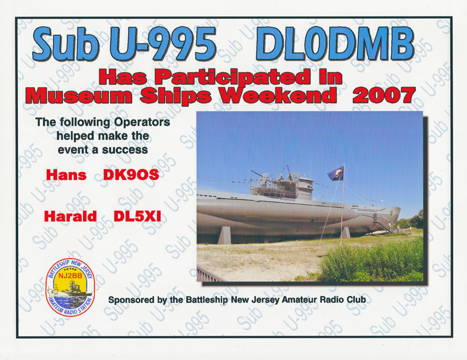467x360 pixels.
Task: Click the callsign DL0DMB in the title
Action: coord(334,44)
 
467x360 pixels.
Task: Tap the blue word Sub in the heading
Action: coord(66,44)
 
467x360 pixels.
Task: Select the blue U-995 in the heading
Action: coord(163,44)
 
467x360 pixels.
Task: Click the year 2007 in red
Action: coord(384,95)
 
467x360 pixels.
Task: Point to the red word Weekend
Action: coord(279,95)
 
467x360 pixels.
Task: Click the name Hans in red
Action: coord(66,175)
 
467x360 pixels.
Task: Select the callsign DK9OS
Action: coord(131,175)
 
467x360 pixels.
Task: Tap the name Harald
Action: coord(70,216)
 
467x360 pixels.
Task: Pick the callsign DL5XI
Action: coord(137,216)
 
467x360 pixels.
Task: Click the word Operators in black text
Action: coord(142,122)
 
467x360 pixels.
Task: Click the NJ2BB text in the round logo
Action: coord(70,276)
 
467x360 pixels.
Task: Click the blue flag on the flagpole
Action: coord(336,173)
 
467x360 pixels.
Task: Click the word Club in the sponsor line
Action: coord(356,299)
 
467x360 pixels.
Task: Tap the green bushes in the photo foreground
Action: coord(372,261)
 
